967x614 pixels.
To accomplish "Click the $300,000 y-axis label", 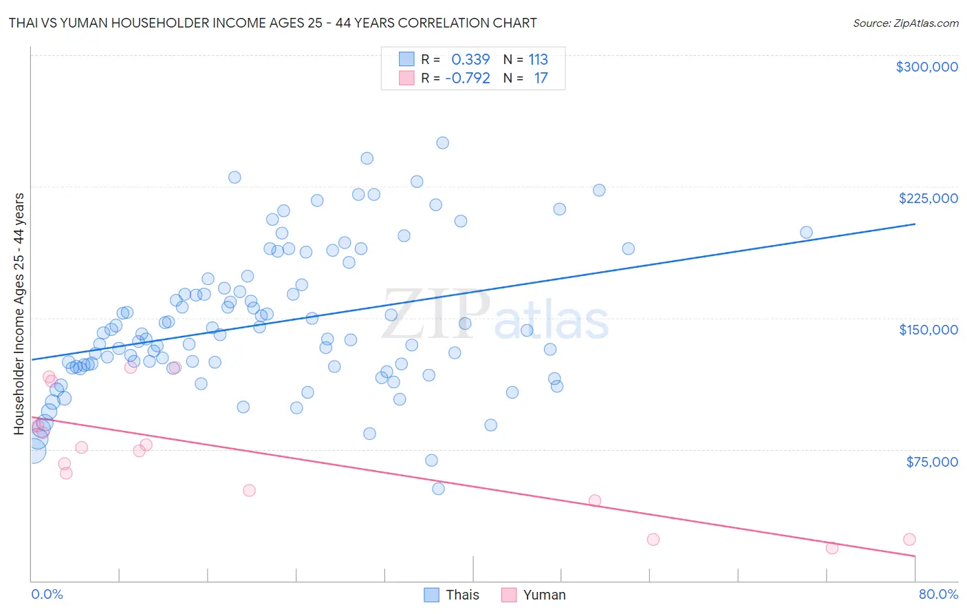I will coord(926,67).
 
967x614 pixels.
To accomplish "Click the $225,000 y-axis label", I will coord(928,198).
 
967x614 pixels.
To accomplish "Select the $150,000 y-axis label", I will coord(928,330).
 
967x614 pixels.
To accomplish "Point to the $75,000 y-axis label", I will coord(931,462).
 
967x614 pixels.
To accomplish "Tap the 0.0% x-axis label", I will coord(47,594).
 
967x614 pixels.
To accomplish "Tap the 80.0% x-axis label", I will coord(938,594).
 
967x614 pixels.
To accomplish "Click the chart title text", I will coord(272,23).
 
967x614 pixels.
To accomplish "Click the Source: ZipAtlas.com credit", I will coord(905,23).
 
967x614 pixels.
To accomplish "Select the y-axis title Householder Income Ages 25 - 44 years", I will coord(19,314).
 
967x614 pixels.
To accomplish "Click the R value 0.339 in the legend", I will coord(470,59).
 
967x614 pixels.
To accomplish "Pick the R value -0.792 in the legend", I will coord(468,78).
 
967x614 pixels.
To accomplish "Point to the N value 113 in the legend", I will coord(538,59).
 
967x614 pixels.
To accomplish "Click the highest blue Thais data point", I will coord(442,143).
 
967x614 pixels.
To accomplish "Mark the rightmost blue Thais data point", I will coord(806,233).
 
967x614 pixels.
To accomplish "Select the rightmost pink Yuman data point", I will coord(909,540).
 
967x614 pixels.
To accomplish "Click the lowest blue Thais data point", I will coord(438,489).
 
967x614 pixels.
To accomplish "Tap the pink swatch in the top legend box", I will coord(406,78).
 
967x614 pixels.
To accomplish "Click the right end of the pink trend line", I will coord(915,555).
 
